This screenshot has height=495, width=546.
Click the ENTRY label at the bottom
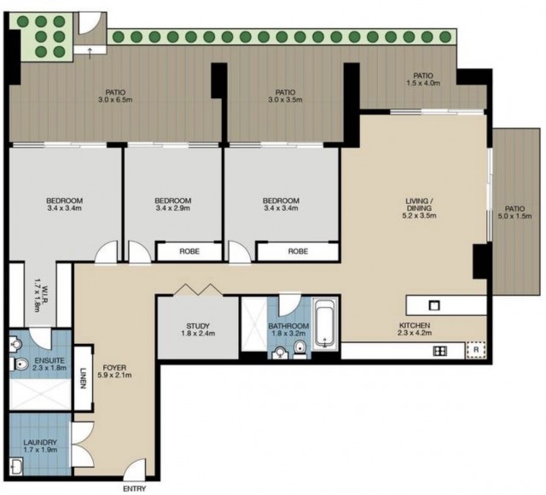135,488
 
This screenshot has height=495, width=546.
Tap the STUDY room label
198,326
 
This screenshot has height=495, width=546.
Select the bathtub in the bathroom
325,324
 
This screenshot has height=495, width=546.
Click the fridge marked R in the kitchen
476,349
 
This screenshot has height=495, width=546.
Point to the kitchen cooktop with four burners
440,351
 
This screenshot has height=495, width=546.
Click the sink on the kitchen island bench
434,306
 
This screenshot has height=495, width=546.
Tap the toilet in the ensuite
20,364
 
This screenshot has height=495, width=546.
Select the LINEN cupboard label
83,378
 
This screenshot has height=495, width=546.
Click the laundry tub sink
16,466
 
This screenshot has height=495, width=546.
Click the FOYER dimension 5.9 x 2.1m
117,376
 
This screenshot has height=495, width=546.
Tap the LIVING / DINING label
419,205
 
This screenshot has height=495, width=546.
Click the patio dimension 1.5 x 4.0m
423,83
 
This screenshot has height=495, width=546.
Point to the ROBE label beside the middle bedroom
189,251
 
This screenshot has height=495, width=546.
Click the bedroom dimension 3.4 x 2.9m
172,208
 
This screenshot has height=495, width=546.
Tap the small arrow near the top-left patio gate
90,53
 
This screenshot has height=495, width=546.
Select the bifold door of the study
198,290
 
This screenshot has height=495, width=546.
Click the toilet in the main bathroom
299,349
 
